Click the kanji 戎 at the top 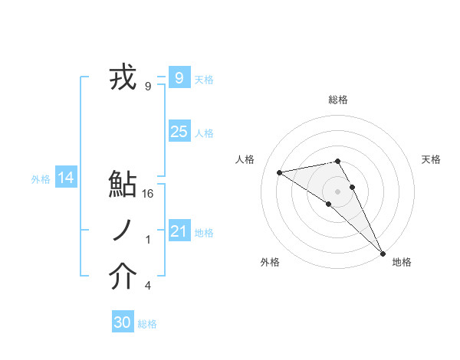[122, 78]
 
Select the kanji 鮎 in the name [123, 186]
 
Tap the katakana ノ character [123, 231]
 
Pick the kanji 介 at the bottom [123, 277]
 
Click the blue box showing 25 [179, 132]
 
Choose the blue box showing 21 [179, 231]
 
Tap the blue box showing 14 [66, 178]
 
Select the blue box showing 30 [122, 322]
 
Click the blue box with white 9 [179, 77]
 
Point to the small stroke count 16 [149, 194]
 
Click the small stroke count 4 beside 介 [148, 286]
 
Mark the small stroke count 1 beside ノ [148, 240]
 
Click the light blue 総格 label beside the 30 [147, 325]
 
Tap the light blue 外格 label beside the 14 [41, 180]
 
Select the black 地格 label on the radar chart [402, 262]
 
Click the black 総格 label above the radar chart [338, 100]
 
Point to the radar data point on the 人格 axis [280, 172]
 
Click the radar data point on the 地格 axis [383, 252]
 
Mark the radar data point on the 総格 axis [338, 161]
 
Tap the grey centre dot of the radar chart [338, 190]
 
